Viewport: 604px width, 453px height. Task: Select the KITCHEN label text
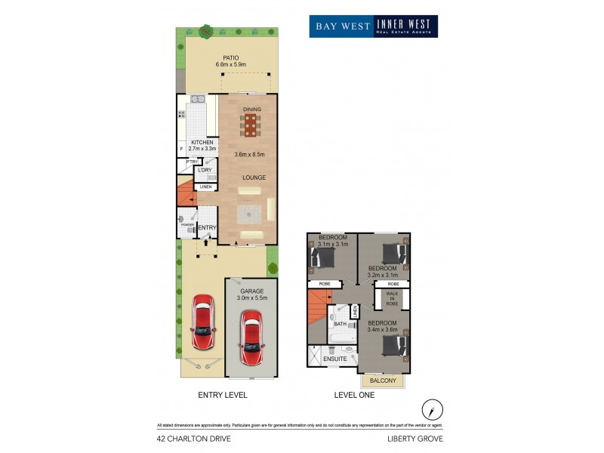click(x=202, y=143)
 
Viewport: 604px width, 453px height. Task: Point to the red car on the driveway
click(x=203, y=324)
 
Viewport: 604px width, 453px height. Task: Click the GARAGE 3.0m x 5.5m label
click(x=252, y=294)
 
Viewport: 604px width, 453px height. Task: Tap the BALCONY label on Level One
click(x=384, y=381)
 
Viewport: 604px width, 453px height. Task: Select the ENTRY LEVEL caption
click(x=223, y=395)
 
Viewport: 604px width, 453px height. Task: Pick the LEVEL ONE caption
click(x=356, y=395)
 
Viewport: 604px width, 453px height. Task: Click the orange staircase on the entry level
click(x=186, y=195)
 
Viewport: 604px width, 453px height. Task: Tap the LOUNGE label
click(x=253, y=177)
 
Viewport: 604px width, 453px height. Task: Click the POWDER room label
click(x=186, y=225)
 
